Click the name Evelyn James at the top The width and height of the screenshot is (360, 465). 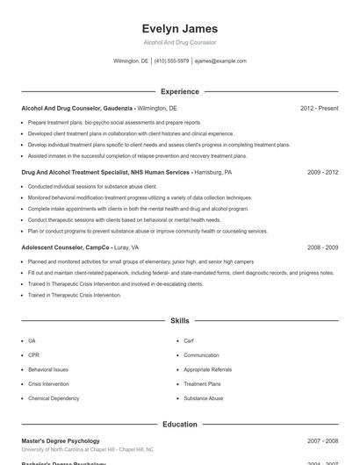click(x=179, y=28)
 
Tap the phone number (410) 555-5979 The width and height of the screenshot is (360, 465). click(x=171, y=61)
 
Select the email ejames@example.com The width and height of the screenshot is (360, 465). click(x=220, y=61)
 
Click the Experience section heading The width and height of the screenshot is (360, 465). click(x=179, y=91)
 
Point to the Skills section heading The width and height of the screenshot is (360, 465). click(x=179, y=321)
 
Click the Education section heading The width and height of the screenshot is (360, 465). click(x=179, y=424)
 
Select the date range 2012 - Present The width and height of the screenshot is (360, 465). click(x=319, y=108)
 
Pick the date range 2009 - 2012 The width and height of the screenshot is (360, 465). click(x=322, y=173)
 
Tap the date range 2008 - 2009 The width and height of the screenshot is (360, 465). click(x=322, y=247)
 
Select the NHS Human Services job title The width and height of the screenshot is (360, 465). click(x=104, y=173)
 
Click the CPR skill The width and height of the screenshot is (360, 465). click(x=32, y=355)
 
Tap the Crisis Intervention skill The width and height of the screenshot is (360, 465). click(x=47, y=383)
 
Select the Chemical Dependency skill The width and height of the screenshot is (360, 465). click(x=53, y=398)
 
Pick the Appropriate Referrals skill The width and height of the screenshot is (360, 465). click(x=207, y=369)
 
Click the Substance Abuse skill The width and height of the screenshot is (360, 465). click(x=203, y=398)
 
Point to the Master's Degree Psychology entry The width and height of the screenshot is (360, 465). click(x=60, y=440)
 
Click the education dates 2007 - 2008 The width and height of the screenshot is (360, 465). click(x=322, y=440)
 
